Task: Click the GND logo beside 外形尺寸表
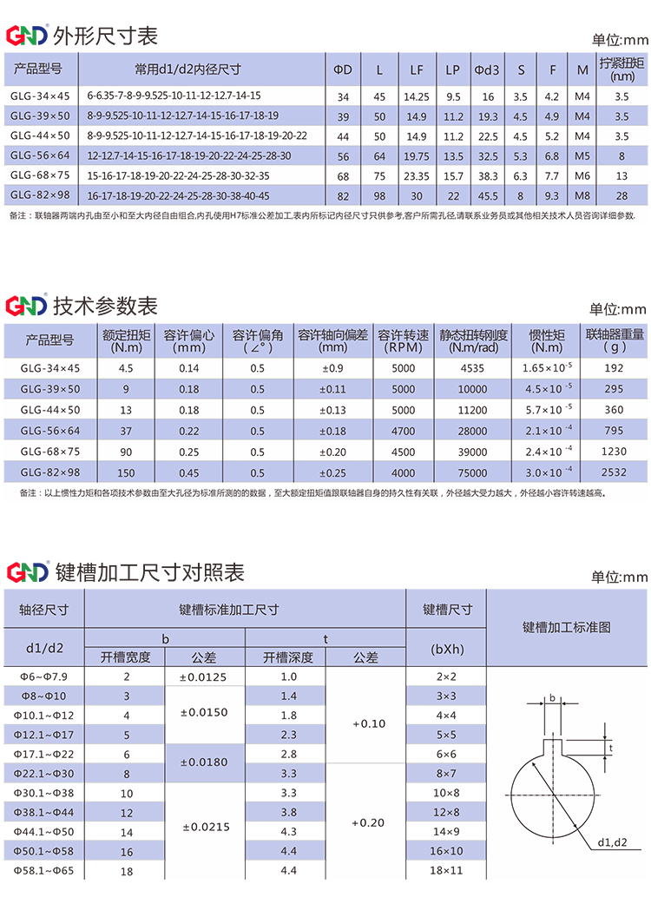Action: pos(26,36)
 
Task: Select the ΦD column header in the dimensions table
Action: pos(343,69)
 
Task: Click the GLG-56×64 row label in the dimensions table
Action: pos(40,156)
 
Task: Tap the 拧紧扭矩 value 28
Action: pos(621,195)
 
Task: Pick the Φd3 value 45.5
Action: pos(488,195)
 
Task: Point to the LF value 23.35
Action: pos(417,175)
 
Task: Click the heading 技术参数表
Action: pos(106,306)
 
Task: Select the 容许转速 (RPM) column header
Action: pos(404,341)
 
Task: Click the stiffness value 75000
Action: pos(472,472)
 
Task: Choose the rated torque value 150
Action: pos(127,472)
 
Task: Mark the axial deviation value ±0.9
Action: pos(332,368)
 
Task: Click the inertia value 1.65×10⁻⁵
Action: pos(547,368)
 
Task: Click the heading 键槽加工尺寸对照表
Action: pos(149,572)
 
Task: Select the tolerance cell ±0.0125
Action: pos(204,676)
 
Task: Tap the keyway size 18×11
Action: pos(446,869)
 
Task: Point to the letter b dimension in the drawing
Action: pos(553,697)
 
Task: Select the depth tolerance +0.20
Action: pos(369,822)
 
